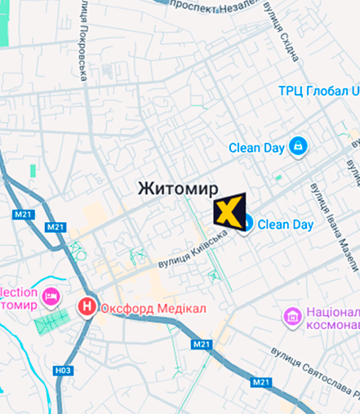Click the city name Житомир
coord(178,188)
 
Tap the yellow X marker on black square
coord(229,211)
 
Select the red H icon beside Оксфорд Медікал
coord(86,308)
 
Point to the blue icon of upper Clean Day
coord(297,147)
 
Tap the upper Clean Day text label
coord(256,148)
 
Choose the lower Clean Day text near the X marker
coord(286,225)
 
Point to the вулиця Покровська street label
coord(84,46)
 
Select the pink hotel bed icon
coord(54,295)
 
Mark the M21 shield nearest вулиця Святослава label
coord(261,382)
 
